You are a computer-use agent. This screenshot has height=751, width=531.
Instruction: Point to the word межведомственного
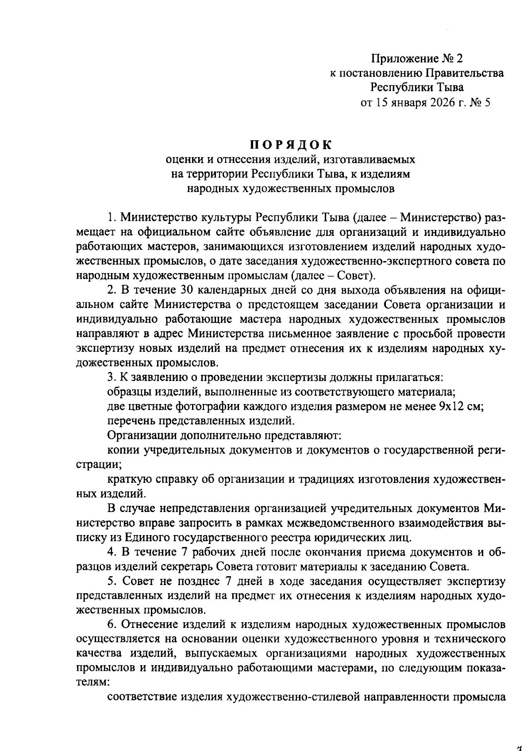340,523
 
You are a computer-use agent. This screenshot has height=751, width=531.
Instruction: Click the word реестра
279,538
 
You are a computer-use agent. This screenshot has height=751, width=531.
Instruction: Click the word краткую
130,479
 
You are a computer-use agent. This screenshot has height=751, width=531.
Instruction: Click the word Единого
146,538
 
